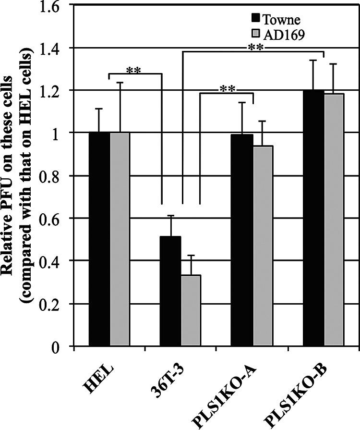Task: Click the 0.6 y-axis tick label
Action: click(57, 219)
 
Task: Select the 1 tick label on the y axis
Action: click(62, 133)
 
